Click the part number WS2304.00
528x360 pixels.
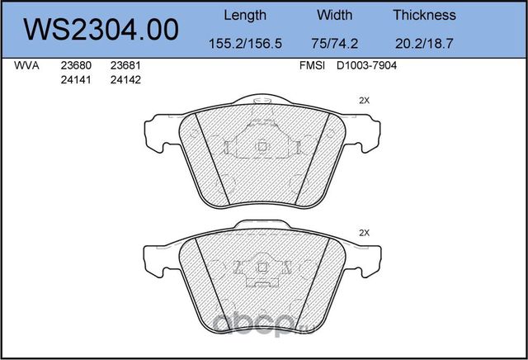tap(101, 30)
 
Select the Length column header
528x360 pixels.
tap(245, 16)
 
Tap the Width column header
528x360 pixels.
tap(334, 15)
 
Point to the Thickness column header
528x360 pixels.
tap(424, 15)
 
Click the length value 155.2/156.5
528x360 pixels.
tap(245, 44)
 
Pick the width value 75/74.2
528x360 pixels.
tap(334, 44)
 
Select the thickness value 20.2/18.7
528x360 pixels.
tap(424, 44)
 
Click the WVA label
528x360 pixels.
tap(26, 65)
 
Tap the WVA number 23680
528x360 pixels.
tap(76, 65)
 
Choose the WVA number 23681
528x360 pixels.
tap(125, 65)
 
